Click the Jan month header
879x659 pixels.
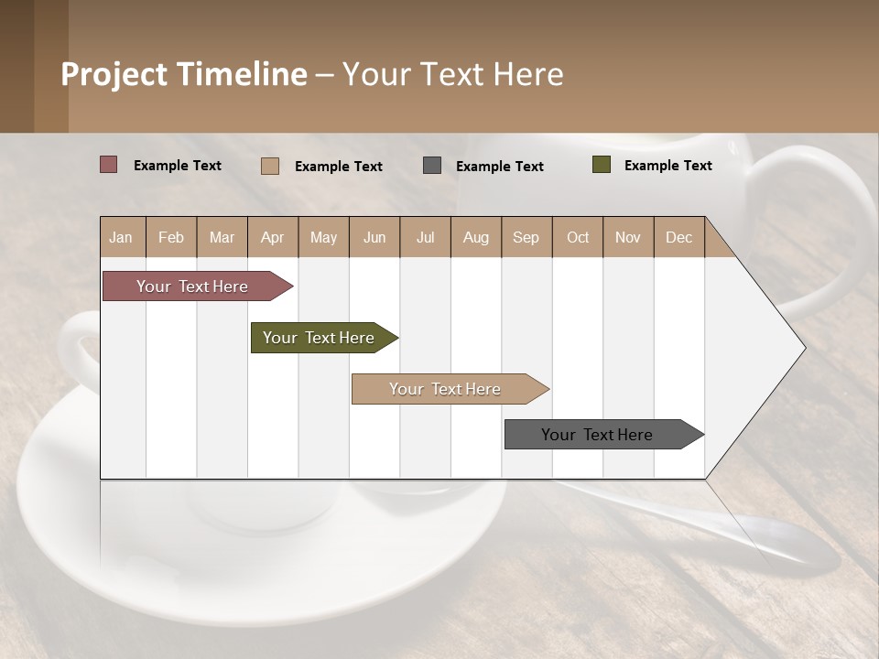pyautogui.click(x=122, y=237)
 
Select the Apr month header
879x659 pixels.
pyautogui.click(x=273, y=237)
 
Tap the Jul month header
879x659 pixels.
pyautogui.click(x=425, y=237)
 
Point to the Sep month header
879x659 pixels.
pyautogui.click(x=526, y=237)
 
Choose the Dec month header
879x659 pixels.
pyautogui.click(x=678, y=237)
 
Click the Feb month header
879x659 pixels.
pyautogui.click(x=171, y=237)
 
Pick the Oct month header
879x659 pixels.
pyautogui.click(x=578, y=237)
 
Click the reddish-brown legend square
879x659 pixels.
pyautogui.click(x=109, y=165)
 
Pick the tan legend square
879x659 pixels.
pyautogui.click(x=270, y=166)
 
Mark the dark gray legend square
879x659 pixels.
pyautogui.click(x=432, y=166)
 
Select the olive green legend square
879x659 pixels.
pyautogui.click(x=602, y=165)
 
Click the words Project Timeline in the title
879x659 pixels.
pyautogui.click(x=184, y=74)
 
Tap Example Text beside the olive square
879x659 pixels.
pyautogui.click(x=667, y=165)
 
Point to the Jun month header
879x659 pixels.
pyautogui.click(x=374, y=237)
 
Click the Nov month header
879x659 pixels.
pyautogui.click(x=628, y=237)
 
